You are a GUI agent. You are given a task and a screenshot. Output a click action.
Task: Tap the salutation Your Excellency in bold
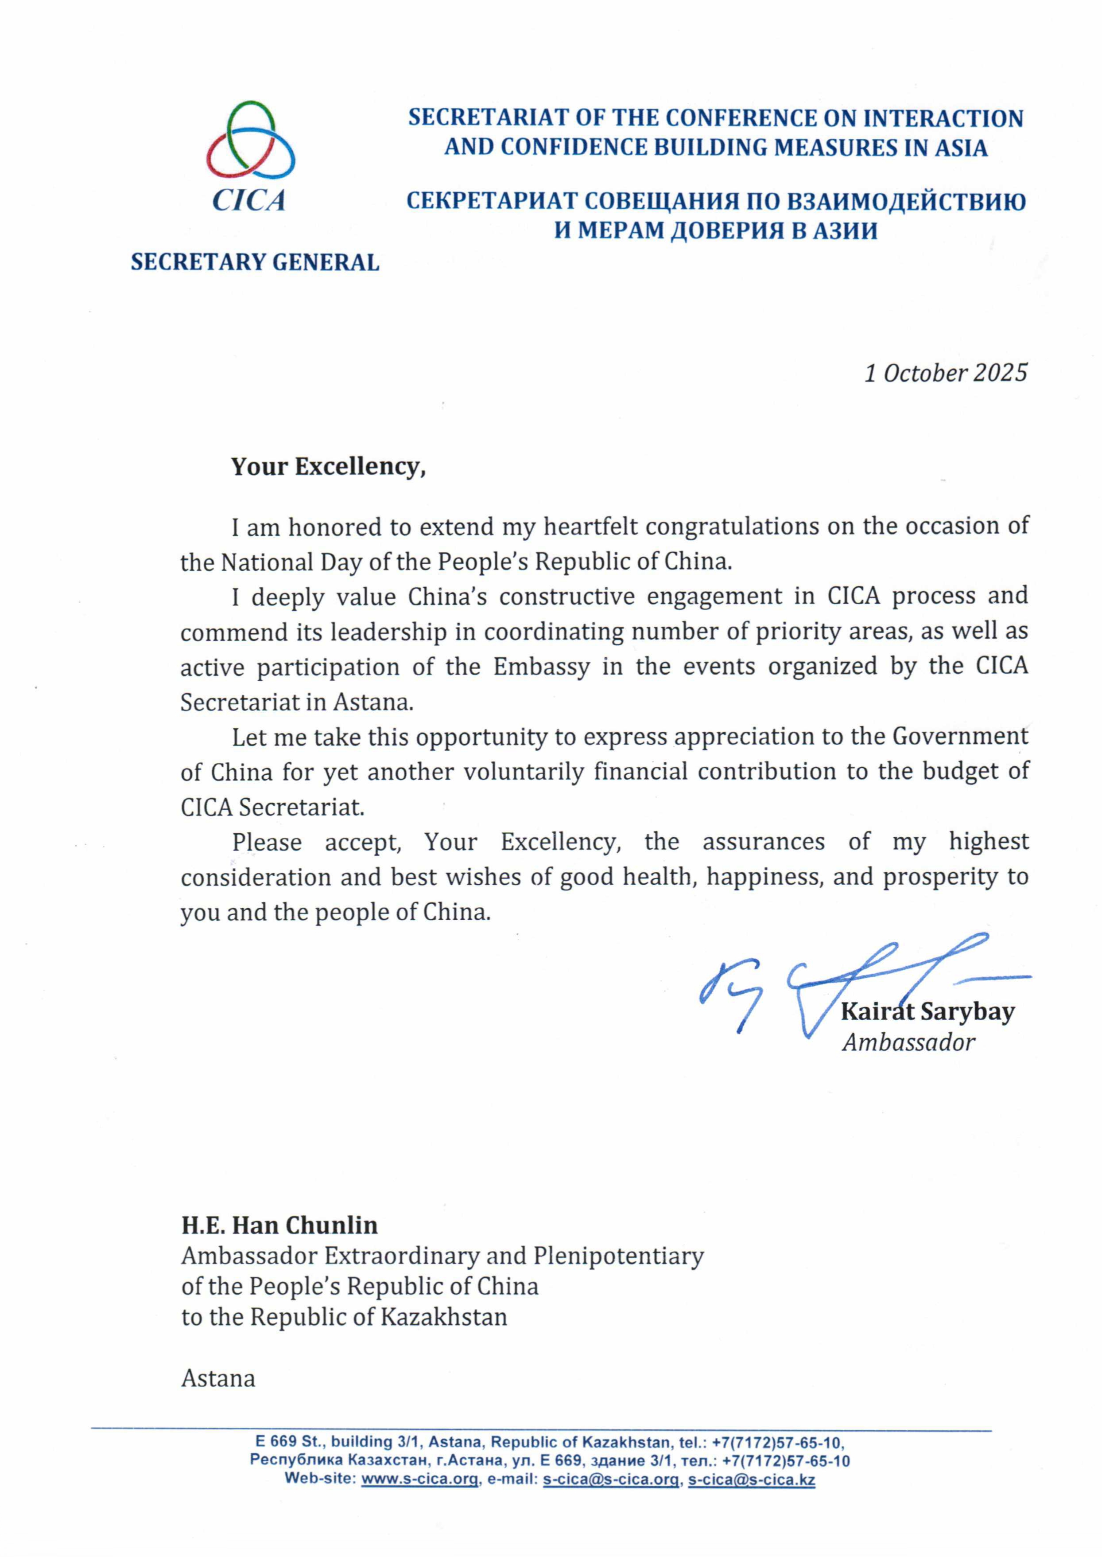pyautogui.click(x=328, y=467)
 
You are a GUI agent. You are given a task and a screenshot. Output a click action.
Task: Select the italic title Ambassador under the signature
pyautogui.click(x=908, y=1042)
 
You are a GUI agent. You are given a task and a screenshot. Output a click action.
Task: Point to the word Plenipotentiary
pyautogui.click(x=618, y=1256)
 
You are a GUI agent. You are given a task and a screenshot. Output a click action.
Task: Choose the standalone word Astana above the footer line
pyautogui.click(x=218, y=1378)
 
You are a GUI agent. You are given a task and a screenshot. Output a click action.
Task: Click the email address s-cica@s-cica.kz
pyautogui.click(x=751, y=1479)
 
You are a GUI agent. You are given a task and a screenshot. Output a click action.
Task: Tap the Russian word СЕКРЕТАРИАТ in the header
pyautogui.click(x=491, y=202)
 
